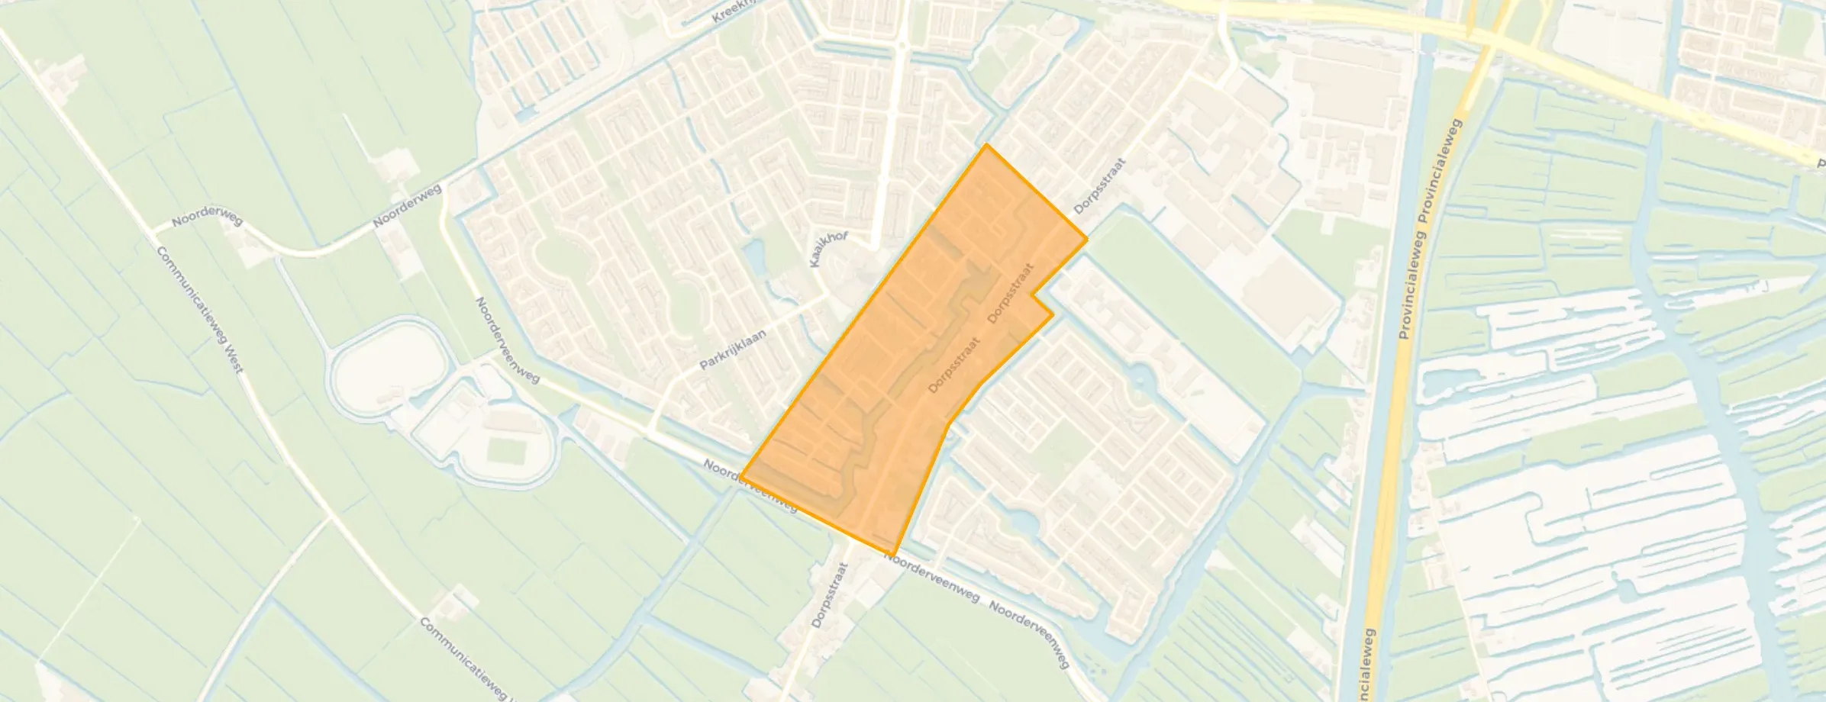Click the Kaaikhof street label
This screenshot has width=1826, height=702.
click(828, 250)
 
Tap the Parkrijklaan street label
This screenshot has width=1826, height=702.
click(744, 344)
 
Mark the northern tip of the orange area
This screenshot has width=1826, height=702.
click(986, 145)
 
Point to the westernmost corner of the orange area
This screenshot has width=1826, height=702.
click(741, 477)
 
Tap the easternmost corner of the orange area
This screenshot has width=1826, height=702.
click(1086, 239)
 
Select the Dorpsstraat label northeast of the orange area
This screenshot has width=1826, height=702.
click(1100, 186)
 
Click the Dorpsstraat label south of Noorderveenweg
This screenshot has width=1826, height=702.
click(830, 595)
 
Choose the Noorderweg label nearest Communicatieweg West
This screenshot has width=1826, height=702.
click(207, 221)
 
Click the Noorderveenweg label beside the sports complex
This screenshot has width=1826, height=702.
click(507, 340)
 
